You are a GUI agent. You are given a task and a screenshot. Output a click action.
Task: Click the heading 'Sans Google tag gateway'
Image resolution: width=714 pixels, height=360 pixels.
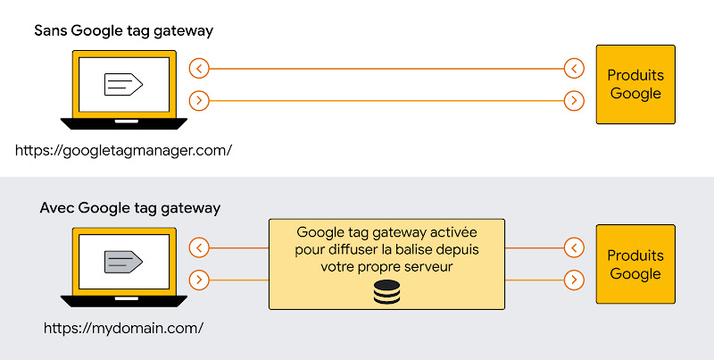(123, 31)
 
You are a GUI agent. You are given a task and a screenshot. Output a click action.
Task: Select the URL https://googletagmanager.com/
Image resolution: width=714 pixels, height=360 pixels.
(123, 150)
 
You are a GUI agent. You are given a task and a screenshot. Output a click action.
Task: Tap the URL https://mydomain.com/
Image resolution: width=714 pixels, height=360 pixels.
(123, 327)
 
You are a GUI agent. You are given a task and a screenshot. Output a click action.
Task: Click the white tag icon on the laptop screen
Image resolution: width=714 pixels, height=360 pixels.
(123, 85)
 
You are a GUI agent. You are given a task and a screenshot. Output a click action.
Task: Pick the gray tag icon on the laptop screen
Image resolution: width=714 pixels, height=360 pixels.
(123, 262)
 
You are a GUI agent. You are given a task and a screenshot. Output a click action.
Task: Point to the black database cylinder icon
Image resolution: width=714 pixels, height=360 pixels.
(386, 291)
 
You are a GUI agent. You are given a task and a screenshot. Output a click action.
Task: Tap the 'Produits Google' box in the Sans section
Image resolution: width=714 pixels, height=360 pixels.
(635, 85)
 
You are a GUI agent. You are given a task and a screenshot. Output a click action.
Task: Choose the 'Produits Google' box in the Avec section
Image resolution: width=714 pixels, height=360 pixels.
(635, 264)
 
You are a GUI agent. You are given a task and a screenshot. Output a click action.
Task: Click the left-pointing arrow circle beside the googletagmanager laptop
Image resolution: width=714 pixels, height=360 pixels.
(200, 68)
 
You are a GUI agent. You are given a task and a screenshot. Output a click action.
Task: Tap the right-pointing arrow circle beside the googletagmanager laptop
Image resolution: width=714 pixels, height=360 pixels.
(200, 101)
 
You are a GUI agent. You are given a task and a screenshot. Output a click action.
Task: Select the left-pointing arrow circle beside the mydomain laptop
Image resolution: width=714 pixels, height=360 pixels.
(200, 247)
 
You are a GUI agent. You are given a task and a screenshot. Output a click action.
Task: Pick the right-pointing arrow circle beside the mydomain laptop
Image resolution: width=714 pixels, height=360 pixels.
(200, 280)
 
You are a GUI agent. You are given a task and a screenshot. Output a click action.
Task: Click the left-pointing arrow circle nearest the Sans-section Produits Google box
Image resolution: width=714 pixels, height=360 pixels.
(575, 68)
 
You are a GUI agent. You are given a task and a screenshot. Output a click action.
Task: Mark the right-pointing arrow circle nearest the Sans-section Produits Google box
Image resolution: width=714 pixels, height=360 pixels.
(575, 101)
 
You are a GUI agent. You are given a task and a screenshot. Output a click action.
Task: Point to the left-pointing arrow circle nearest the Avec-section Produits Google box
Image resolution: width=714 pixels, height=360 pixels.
(575, 247)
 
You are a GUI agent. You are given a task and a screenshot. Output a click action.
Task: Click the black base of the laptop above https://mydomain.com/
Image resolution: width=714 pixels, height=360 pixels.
(123, 300)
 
